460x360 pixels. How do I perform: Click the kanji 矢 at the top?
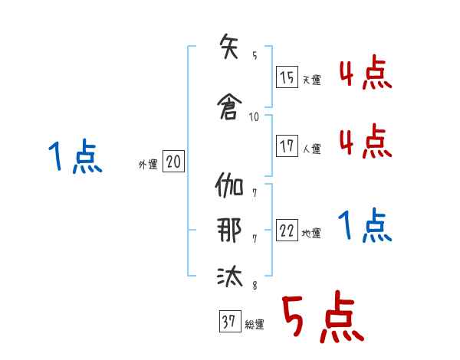click(230, 47)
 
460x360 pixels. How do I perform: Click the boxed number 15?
click(287, 77)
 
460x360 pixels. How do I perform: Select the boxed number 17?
click(287, 146)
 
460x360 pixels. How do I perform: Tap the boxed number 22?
click(287, 231)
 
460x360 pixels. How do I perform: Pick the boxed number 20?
click(173, 162)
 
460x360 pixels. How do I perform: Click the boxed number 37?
click(228, 322)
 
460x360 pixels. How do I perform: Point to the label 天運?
click(311, 80)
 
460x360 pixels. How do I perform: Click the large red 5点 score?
click(322, 318)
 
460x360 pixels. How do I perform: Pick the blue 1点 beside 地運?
click(365, 226)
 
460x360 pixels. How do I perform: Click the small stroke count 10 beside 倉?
click(254, 116)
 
